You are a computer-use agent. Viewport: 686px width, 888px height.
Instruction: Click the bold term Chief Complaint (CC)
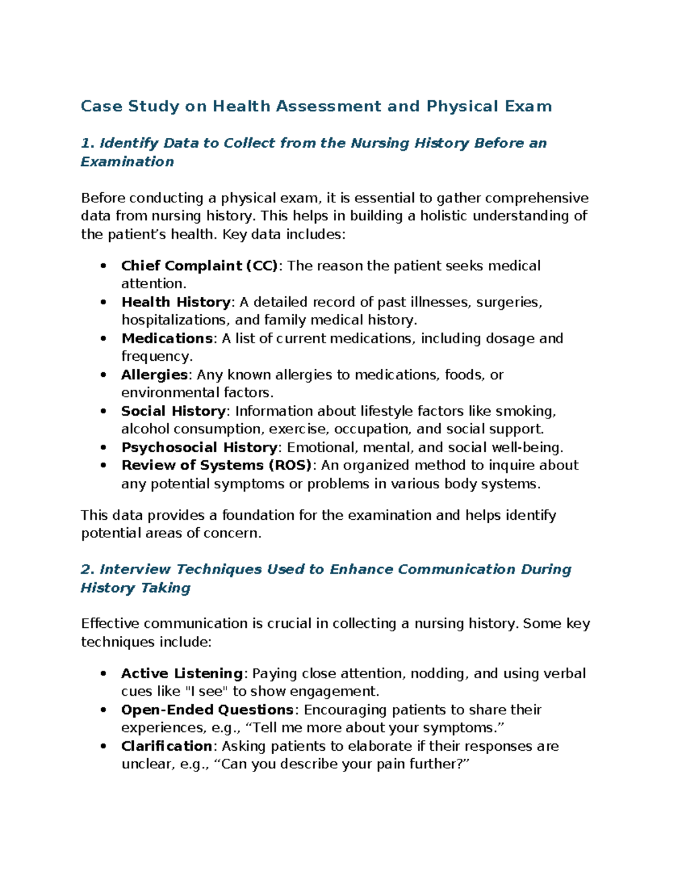(x=199, y=266)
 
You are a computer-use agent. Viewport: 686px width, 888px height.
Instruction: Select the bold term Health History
(x=176, y=302)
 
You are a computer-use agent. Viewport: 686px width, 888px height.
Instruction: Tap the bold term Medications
(x=167, y=339)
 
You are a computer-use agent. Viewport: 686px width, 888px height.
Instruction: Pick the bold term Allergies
(x=154, y=375)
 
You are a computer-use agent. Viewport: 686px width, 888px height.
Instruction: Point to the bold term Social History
(x=173, y=411)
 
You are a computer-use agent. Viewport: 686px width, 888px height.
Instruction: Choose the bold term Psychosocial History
(x=199, y=447)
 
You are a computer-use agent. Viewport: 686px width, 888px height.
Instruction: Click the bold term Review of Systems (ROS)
(x=216, y=465)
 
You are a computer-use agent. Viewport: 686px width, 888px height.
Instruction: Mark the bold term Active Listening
(x=182, y=674)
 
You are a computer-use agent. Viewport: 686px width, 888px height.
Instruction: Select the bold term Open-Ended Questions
(x=207, y=710)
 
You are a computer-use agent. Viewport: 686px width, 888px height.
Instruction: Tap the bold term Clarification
(x=166, y=746)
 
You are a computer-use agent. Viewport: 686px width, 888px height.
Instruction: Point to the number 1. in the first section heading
(x=87, y=143)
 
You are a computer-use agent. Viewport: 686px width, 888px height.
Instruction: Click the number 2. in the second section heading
(x=87, y=570)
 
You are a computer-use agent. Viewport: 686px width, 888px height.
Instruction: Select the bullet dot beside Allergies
(x=103, y=375)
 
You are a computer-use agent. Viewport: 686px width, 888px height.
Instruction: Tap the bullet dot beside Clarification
(x=103, y=746)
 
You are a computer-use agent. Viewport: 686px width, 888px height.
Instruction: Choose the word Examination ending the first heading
(x=127, y=162)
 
